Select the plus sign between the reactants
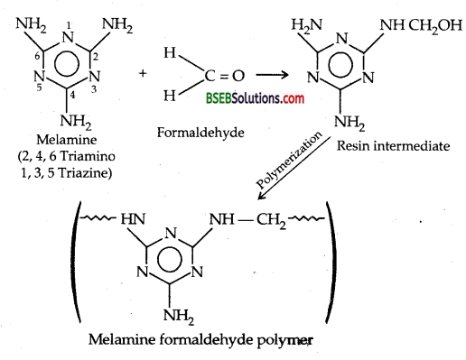pos(144,70)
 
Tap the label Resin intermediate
pos(406,145)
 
